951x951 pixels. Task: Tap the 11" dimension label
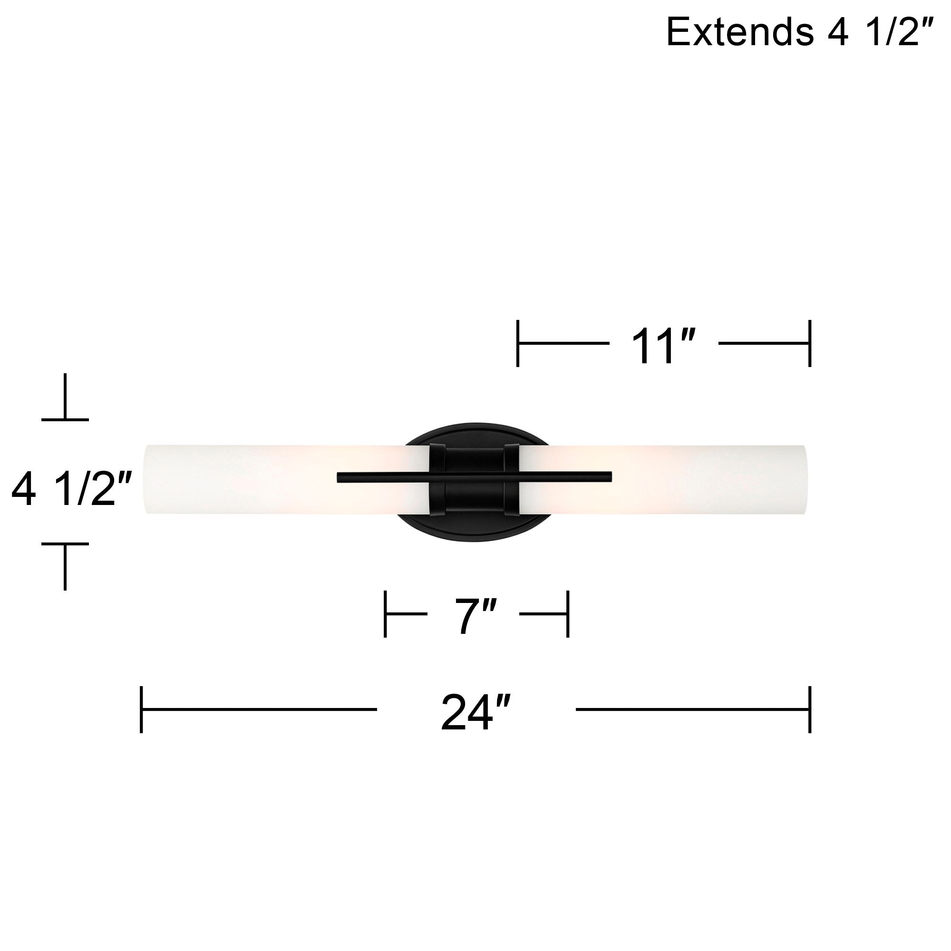tap(663, 347)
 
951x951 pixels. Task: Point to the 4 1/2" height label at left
tap(71, 490)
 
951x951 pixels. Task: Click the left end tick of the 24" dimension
tap(142, 709)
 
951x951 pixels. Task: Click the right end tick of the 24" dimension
tap(810, 709)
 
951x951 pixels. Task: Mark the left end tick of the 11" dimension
tap(518, 343)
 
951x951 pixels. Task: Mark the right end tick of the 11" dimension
tap(810, 343)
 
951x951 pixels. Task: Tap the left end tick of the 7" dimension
tap(386, 614)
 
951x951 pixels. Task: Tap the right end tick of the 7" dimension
tap(568, 614)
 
